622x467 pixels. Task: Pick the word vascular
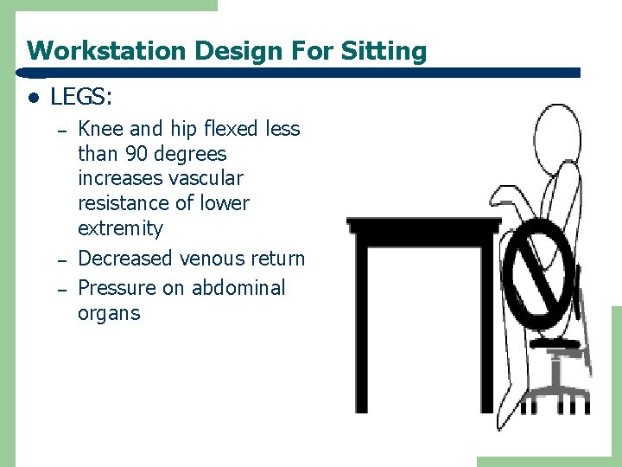[202, 178]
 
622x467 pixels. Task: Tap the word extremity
[120, 228]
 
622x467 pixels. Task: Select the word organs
[109, 312]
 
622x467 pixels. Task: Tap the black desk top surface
[423, 226]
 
